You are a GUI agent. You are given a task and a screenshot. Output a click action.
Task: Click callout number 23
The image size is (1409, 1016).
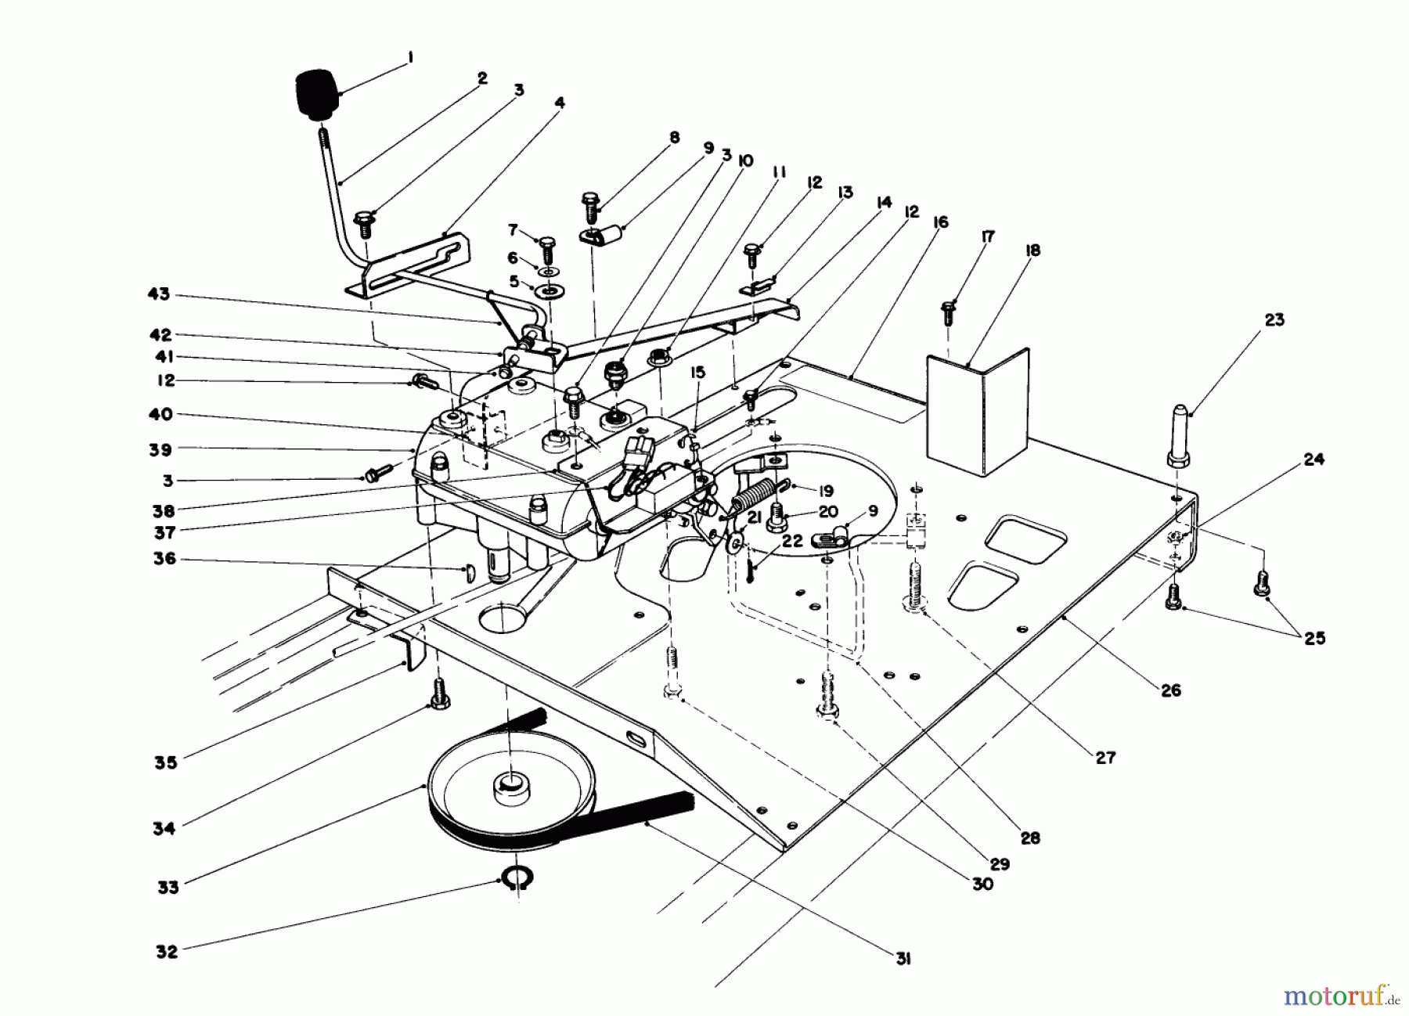coord(1274,320)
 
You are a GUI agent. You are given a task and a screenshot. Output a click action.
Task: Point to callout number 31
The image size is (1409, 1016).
coord(903,959)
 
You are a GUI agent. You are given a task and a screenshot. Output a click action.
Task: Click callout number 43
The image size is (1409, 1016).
coord(159,295)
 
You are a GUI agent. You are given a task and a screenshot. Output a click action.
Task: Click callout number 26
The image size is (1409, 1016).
coord(1171,690)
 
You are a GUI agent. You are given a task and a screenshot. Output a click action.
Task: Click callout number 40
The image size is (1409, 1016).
coord(160,415)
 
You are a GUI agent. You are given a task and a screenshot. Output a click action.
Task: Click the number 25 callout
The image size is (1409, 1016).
coord(1315,638)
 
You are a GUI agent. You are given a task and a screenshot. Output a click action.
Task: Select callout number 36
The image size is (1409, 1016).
coord(165,559)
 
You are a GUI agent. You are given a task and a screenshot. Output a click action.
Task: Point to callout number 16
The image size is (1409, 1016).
coord(940,223)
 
